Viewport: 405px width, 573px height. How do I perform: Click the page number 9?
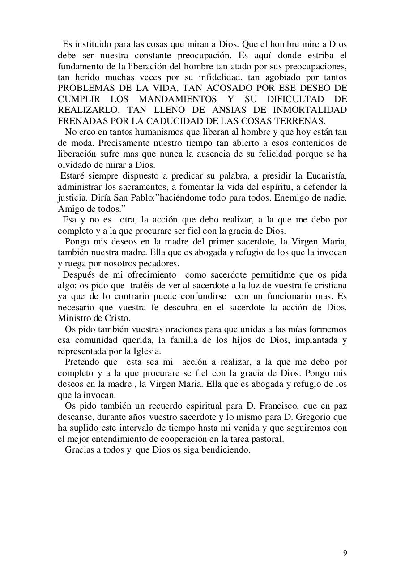pos(345,553)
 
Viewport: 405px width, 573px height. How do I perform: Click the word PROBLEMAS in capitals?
pos(83,88)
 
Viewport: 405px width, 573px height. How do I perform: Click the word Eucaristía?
pos(324,176)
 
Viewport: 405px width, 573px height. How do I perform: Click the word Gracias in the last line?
pos(79,450)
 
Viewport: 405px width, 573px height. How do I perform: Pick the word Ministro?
pos(76,318)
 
